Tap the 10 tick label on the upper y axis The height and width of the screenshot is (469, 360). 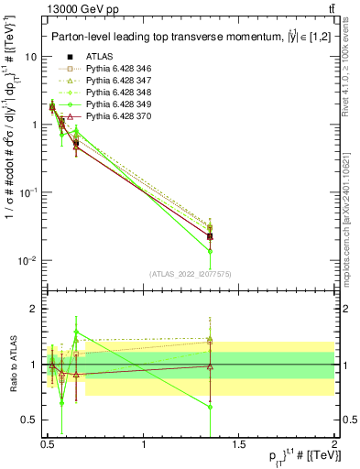click(30, 57)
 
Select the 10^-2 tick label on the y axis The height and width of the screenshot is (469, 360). click(26, 261)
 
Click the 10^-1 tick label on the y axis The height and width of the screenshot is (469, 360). click(26, 193)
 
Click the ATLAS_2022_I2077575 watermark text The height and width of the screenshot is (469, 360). click(190, 274)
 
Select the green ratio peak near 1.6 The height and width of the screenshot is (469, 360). click(76, 332)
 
